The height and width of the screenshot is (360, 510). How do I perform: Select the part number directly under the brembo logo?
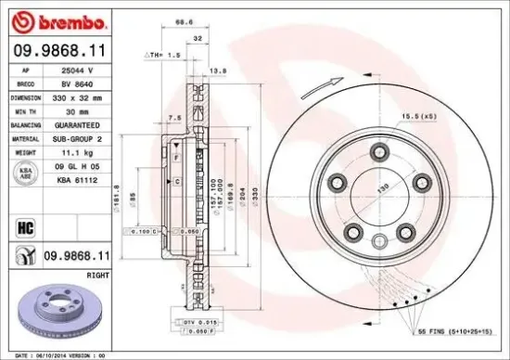57,51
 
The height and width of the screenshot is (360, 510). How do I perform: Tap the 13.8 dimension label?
220,71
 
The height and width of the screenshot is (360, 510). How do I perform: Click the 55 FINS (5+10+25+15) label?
457,331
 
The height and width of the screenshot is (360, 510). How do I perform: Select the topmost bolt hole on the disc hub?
377,150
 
